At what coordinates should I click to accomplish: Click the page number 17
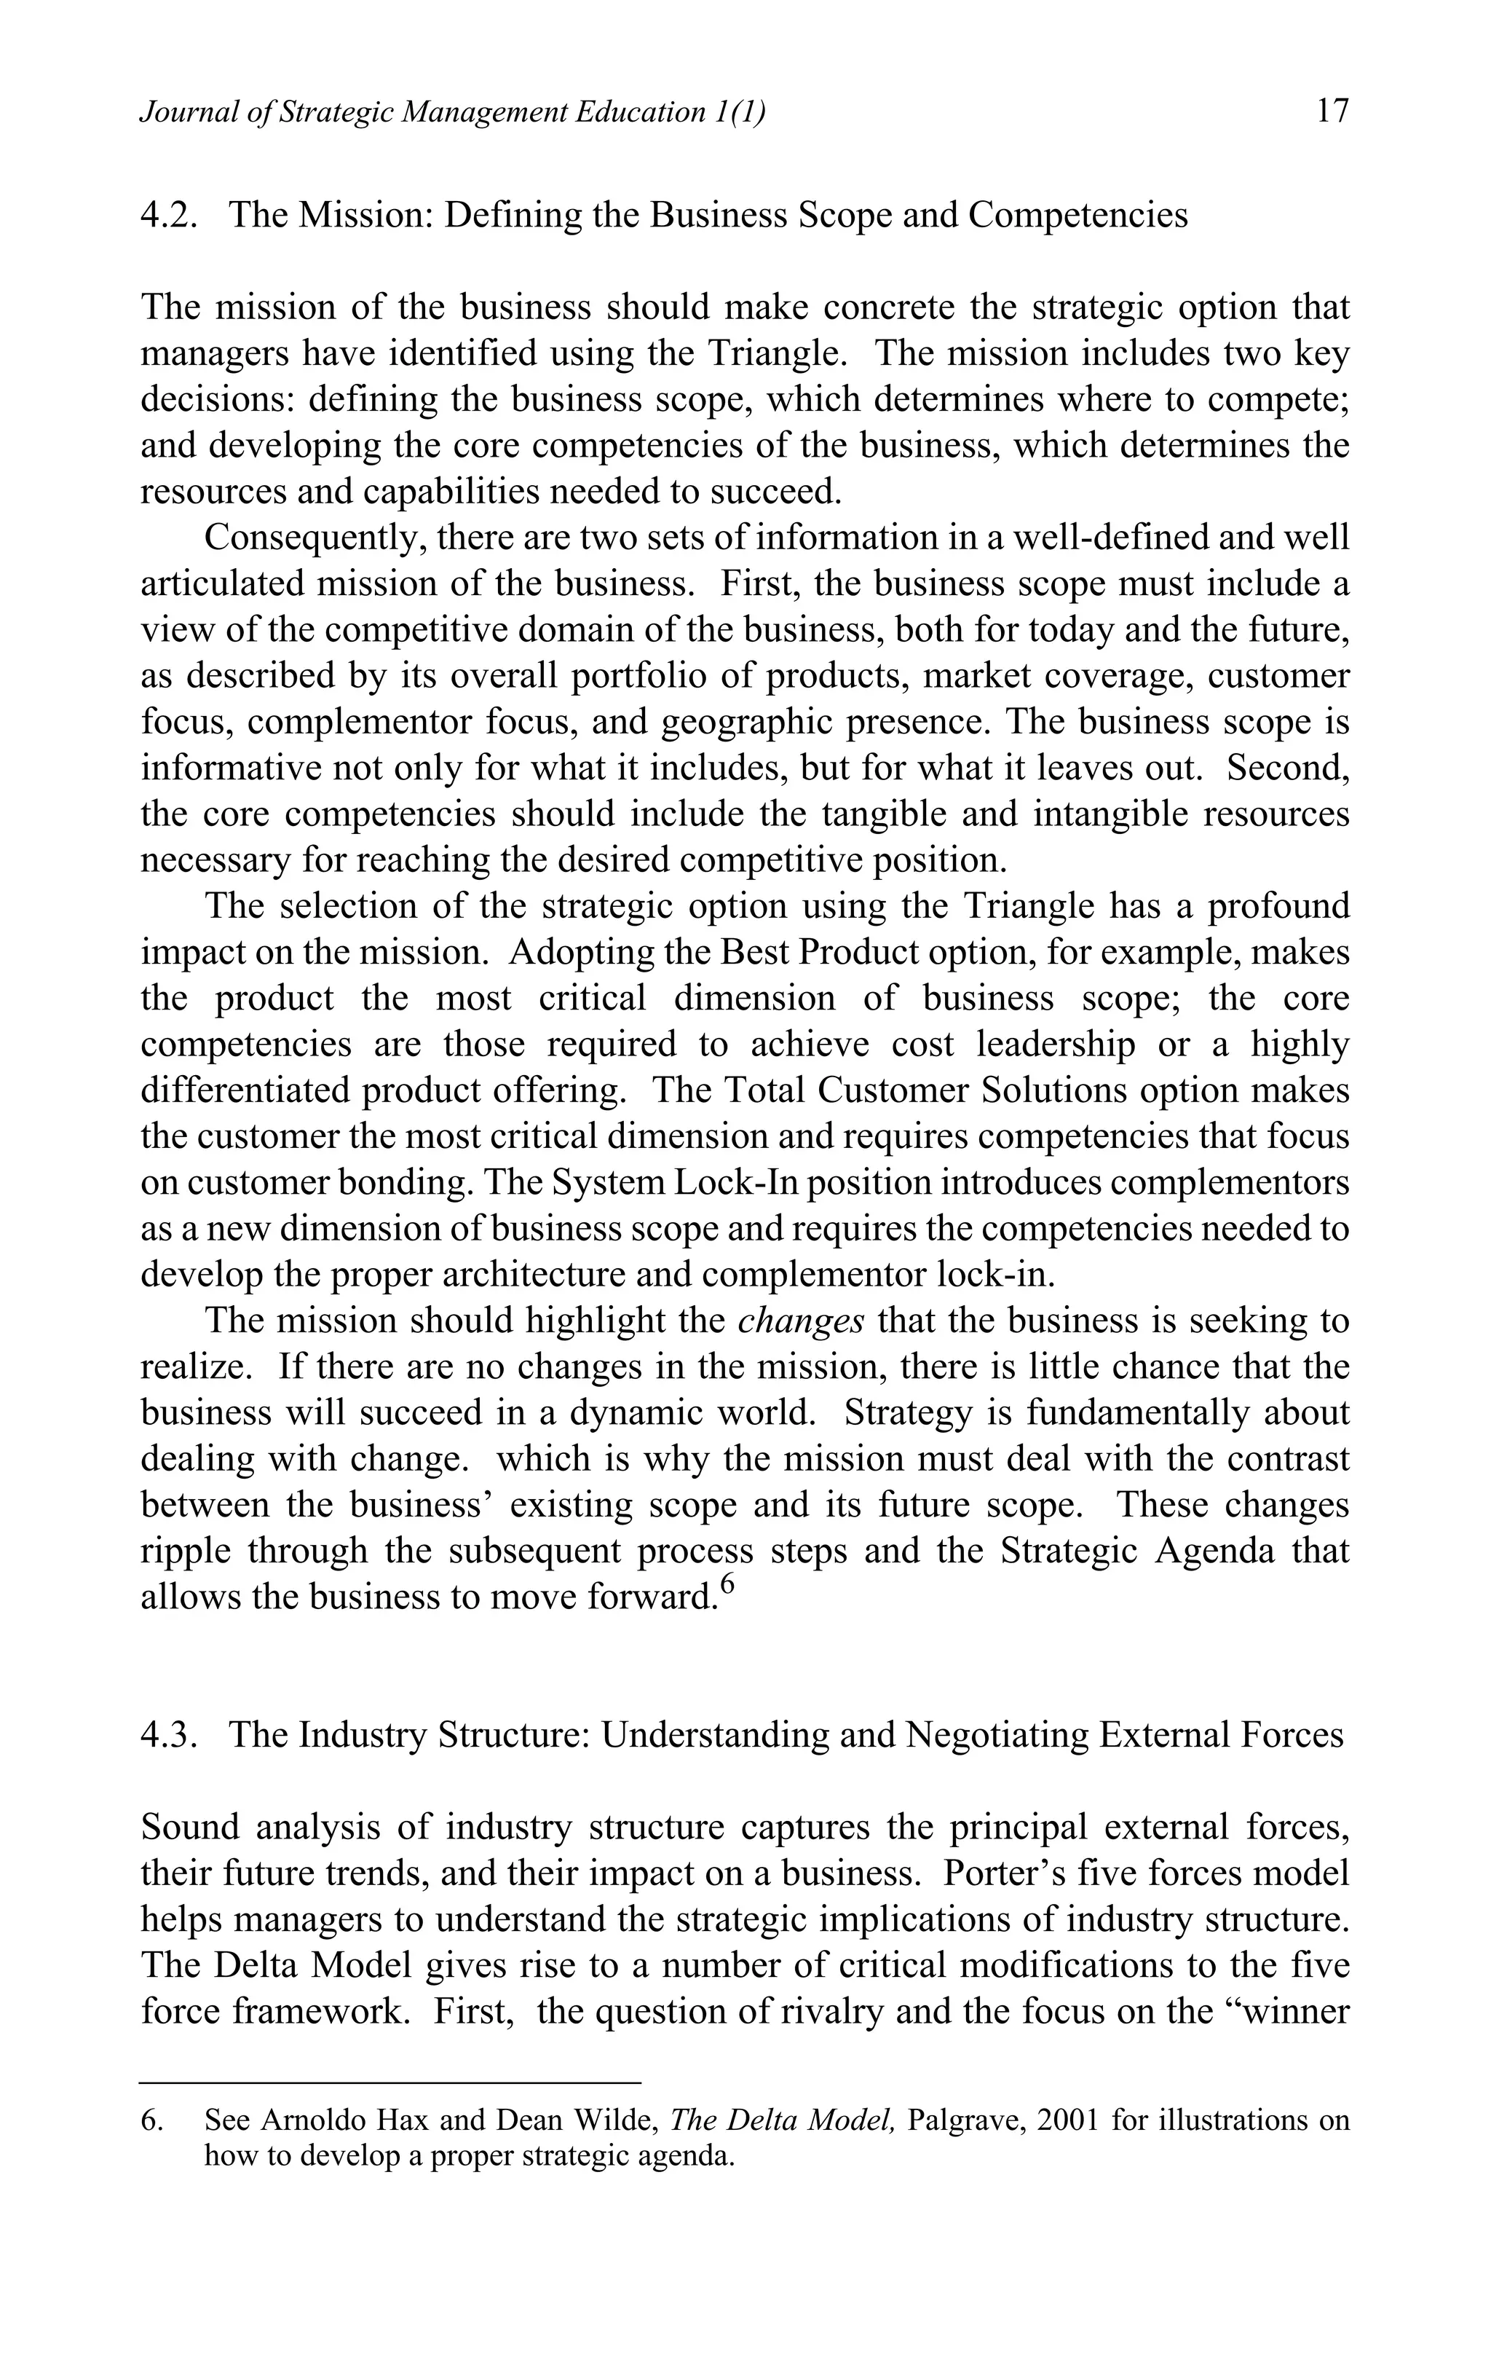[x=1332, y=111]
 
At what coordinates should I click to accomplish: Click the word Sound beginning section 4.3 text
[x=189, y=1827]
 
